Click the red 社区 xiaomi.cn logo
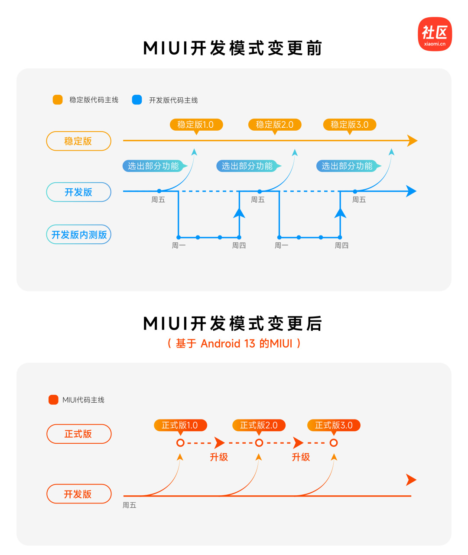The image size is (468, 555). [x=435, y=34]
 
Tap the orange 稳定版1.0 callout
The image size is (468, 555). [x=196, y=125]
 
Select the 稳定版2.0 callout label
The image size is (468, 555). [x=274, y=125]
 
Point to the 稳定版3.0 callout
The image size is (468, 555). [x=349, y=125]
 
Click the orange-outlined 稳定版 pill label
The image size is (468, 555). [x=78, y=141]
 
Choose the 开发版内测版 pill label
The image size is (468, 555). [x=78, y=235]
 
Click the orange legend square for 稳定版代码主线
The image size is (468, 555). [x=58, y=100]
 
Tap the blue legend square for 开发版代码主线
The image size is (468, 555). [x=137, y=100]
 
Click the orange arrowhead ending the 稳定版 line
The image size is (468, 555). [x=412, y=141]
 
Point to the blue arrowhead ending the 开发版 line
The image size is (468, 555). [x=411, y=191]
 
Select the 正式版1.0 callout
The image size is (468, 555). [x=180, y=426]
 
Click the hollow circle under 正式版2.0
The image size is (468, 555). [x=259, y=443]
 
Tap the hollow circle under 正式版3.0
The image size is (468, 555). [x=334, y=443]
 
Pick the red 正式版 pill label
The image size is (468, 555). [x=78, y=434]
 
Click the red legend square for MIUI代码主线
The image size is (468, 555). [x=53, y=400]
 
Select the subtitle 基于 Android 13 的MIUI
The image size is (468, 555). [x=234, y=344]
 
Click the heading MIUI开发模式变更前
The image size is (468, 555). [x=233, y=48]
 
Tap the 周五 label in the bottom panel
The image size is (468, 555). [x=129, y=505]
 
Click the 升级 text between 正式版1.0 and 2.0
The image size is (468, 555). [x=219, y=457]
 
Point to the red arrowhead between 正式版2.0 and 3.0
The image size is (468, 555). [x=298, y=443]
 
